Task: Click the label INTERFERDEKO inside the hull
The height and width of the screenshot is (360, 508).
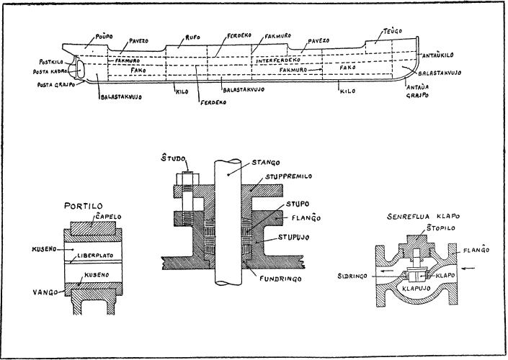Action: point(277,60)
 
